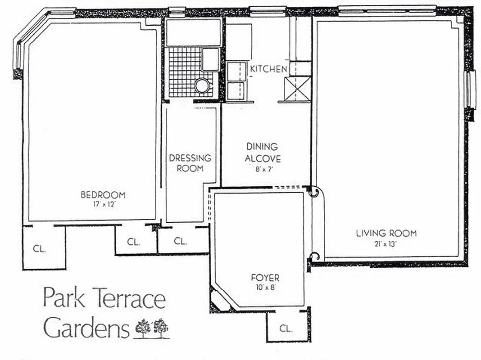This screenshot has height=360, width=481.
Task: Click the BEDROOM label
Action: coord(103,195)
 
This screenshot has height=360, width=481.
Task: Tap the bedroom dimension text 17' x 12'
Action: coord(103,203)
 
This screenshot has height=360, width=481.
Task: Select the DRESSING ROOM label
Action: coord(190,163)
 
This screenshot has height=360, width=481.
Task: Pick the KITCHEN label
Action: coord(268,69)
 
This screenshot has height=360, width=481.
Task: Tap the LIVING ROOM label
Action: coord(386,233)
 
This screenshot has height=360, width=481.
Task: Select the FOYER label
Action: coord(265,277)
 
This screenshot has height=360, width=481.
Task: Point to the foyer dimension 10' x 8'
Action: coord(265,287)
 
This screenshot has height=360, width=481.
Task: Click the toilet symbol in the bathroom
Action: coord(202,85)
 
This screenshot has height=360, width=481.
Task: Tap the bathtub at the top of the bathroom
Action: coord(193,32)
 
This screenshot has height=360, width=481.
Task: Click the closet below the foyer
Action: coord(286,327)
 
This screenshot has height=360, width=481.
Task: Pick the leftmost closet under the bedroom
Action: coord(44,248)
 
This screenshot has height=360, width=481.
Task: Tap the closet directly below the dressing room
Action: coord(181,241)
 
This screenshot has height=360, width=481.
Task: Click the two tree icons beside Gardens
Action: coord(152,328)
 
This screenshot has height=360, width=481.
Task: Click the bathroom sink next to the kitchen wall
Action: coord(210,59)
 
